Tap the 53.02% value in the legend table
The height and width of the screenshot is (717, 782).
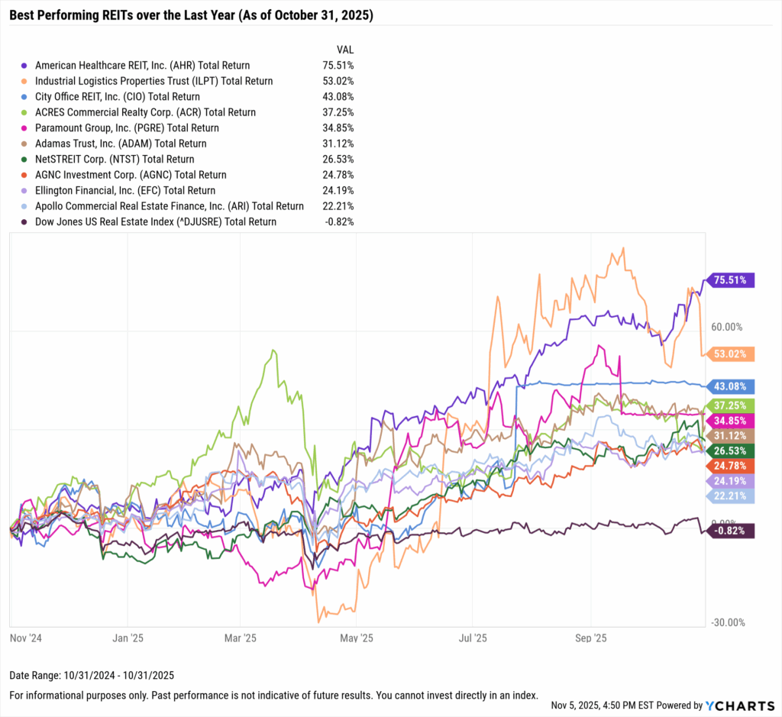click(x=338, y=81)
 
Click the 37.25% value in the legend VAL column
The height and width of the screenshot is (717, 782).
click(x=338, y=112)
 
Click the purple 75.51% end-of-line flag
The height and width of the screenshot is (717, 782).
click(x=732, y=280)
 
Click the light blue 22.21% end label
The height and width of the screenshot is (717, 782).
click(x=732, y=497)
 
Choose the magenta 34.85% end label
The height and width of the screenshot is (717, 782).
click(x=732, y=420)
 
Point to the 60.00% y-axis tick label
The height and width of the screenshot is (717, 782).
click(x=726, y=327)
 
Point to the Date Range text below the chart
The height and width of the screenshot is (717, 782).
click(x=92, y=675)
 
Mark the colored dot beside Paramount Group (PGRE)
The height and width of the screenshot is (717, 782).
click(x=25, y=128)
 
